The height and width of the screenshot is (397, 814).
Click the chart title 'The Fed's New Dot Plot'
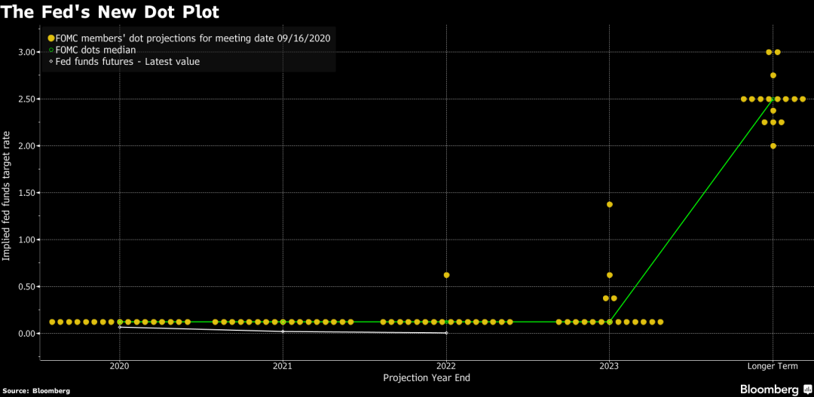coord(113,12)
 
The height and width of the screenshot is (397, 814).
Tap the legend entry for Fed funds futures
coord(127,62)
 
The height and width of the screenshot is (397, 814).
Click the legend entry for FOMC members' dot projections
coord(193,38)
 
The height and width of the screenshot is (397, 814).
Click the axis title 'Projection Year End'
coord(427,378)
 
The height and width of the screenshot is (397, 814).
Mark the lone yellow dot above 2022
coord(446,275)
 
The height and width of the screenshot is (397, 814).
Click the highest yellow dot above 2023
coord(610,204)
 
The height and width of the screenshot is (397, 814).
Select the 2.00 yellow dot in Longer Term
coord(773,146)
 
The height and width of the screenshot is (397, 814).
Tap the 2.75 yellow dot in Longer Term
coord(773,75)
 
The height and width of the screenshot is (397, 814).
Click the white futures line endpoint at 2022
coord(446,333)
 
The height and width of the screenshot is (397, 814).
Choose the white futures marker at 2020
coord(120,327)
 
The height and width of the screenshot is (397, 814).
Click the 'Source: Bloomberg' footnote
coord(35,391)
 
